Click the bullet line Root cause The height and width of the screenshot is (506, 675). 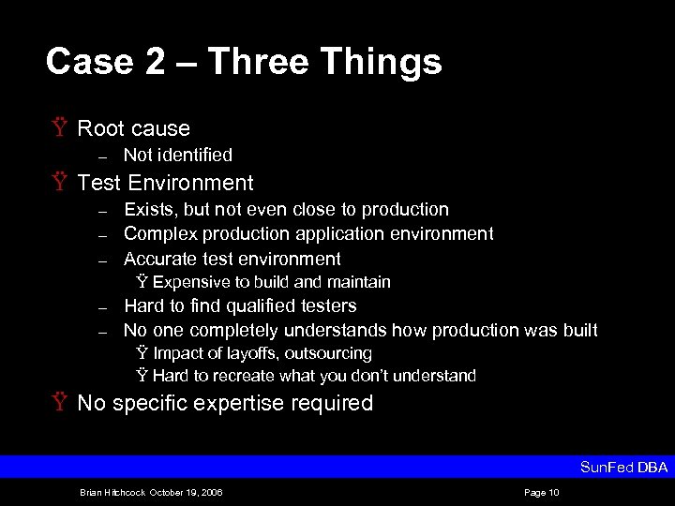coord(133,128)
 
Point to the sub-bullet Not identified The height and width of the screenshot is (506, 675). coord(177,155)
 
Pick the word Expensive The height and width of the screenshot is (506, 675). coord(188,282)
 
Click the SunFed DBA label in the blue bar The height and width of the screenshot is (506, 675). coord(623,467)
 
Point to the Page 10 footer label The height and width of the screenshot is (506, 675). coord(543,492)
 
